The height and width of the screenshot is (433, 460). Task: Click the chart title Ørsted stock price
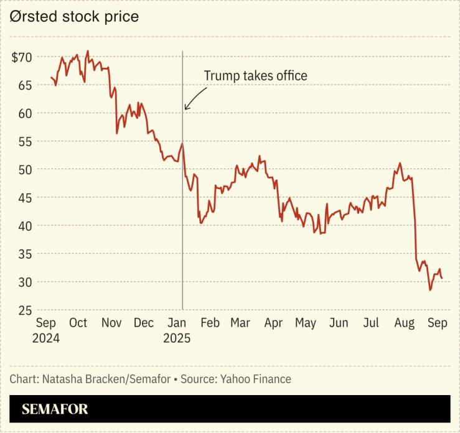74,17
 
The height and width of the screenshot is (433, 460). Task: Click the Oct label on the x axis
78,324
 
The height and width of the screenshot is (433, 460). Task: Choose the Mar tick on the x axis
240,324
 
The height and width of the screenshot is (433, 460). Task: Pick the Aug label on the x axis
405,324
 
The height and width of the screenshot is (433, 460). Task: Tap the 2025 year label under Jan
177,339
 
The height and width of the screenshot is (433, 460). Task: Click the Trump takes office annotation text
256,76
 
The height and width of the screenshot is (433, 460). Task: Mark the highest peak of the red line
87,51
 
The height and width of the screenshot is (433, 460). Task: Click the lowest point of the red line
429,290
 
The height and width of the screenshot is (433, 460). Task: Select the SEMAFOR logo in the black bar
55,409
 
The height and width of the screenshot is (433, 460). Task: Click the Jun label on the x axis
339,324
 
